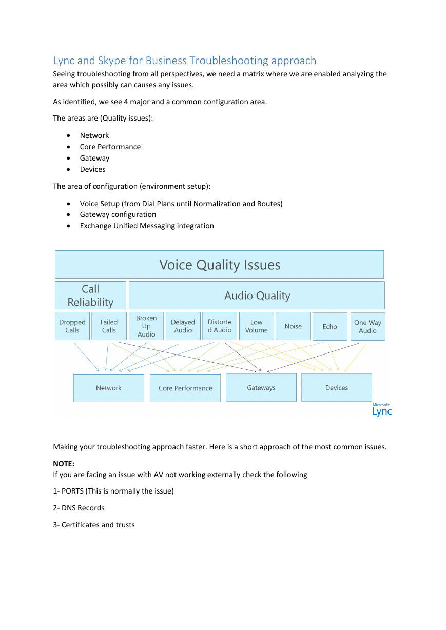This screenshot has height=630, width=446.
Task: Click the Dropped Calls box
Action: tap(72, 326)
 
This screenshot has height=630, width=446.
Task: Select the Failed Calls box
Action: tap(109, 326)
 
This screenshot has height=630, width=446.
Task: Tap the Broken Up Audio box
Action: tap(146, 326)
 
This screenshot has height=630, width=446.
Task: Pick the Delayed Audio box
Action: tap(183, 326)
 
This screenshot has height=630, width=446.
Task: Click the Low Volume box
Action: tap(256, 326)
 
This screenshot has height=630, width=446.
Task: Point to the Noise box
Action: tap(293, 326)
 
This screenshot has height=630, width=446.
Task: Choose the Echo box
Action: tap(330, 326)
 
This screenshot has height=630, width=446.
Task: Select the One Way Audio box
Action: tap(368, 326)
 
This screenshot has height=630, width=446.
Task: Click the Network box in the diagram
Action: tap(109, 388)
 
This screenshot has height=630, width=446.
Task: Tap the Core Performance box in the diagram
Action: tap(185, 388)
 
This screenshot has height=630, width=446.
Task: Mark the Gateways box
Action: tap(261, 387)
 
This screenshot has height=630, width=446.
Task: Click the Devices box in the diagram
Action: tap(337, 387)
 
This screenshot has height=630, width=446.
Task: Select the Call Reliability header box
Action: tap(91, 296)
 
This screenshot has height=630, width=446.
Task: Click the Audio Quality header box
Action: tap(257, 296)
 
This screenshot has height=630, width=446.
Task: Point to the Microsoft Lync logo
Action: tap(382, 409)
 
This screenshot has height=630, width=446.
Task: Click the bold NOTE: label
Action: tap(64, 464)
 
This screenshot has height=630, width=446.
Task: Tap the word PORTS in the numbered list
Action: tap(72, 491)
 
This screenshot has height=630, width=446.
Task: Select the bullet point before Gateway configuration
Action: tap(68, 215)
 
